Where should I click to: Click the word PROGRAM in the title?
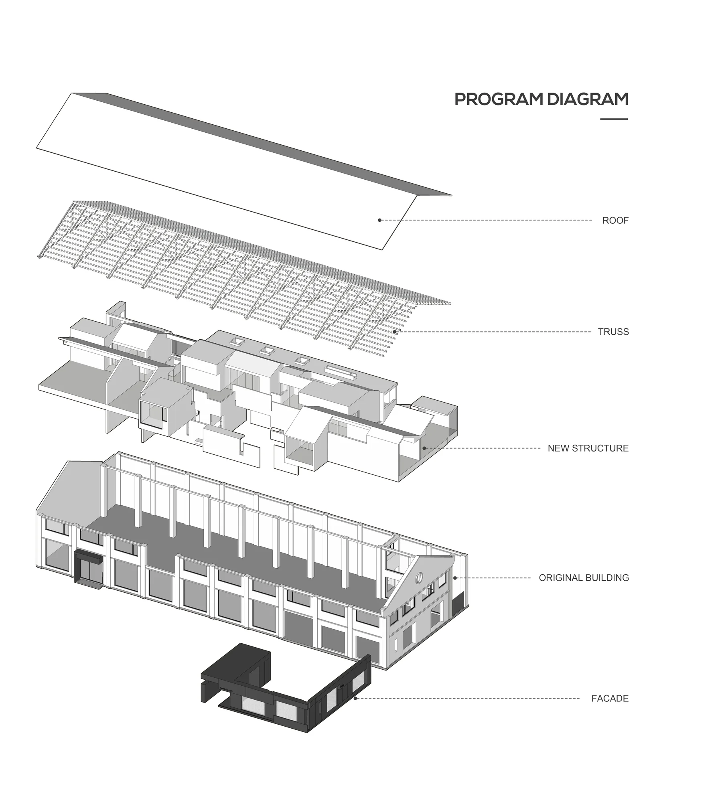point(499,99)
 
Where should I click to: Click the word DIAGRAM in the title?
point(588,99)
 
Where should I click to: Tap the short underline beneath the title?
point(614,119)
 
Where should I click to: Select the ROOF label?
point(615,220)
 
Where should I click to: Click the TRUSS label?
point(613,332)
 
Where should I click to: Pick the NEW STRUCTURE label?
point(588,448)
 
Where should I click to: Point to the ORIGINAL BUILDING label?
point(584,578)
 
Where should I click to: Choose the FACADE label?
point(610,699)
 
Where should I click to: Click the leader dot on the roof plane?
point(379,220)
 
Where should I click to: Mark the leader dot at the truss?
point(395,332)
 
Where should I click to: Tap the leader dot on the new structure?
point(424,448)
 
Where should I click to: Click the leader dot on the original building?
point(455,578)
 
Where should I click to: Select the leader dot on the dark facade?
point(355,698)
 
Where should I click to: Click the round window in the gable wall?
point(419,577)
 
